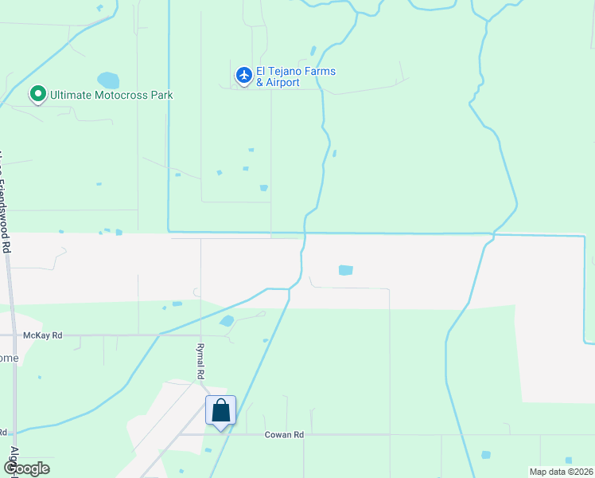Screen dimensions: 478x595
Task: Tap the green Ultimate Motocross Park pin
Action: pos(37,95)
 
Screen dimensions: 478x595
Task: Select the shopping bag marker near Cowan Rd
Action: pos(221,411)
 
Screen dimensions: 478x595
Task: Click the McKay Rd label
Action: pos(42,335)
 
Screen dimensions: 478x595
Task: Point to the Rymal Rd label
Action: pos(200,360)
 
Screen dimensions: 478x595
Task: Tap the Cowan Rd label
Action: pos(284,435)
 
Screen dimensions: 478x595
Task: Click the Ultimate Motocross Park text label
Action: pos(111,95)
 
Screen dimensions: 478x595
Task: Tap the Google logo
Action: pos(26,468)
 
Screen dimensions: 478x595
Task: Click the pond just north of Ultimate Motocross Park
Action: pos(108,80)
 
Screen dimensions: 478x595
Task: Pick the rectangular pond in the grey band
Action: pos(345,270)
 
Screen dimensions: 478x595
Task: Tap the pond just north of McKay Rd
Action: pos(227,321)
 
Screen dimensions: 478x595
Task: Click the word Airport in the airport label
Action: pos(283,83)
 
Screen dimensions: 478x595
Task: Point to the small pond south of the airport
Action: pos(263,188)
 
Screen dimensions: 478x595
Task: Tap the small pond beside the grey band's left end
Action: pos(119,233)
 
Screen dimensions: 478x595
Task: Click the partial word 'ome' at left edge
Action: pos(8,358)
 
